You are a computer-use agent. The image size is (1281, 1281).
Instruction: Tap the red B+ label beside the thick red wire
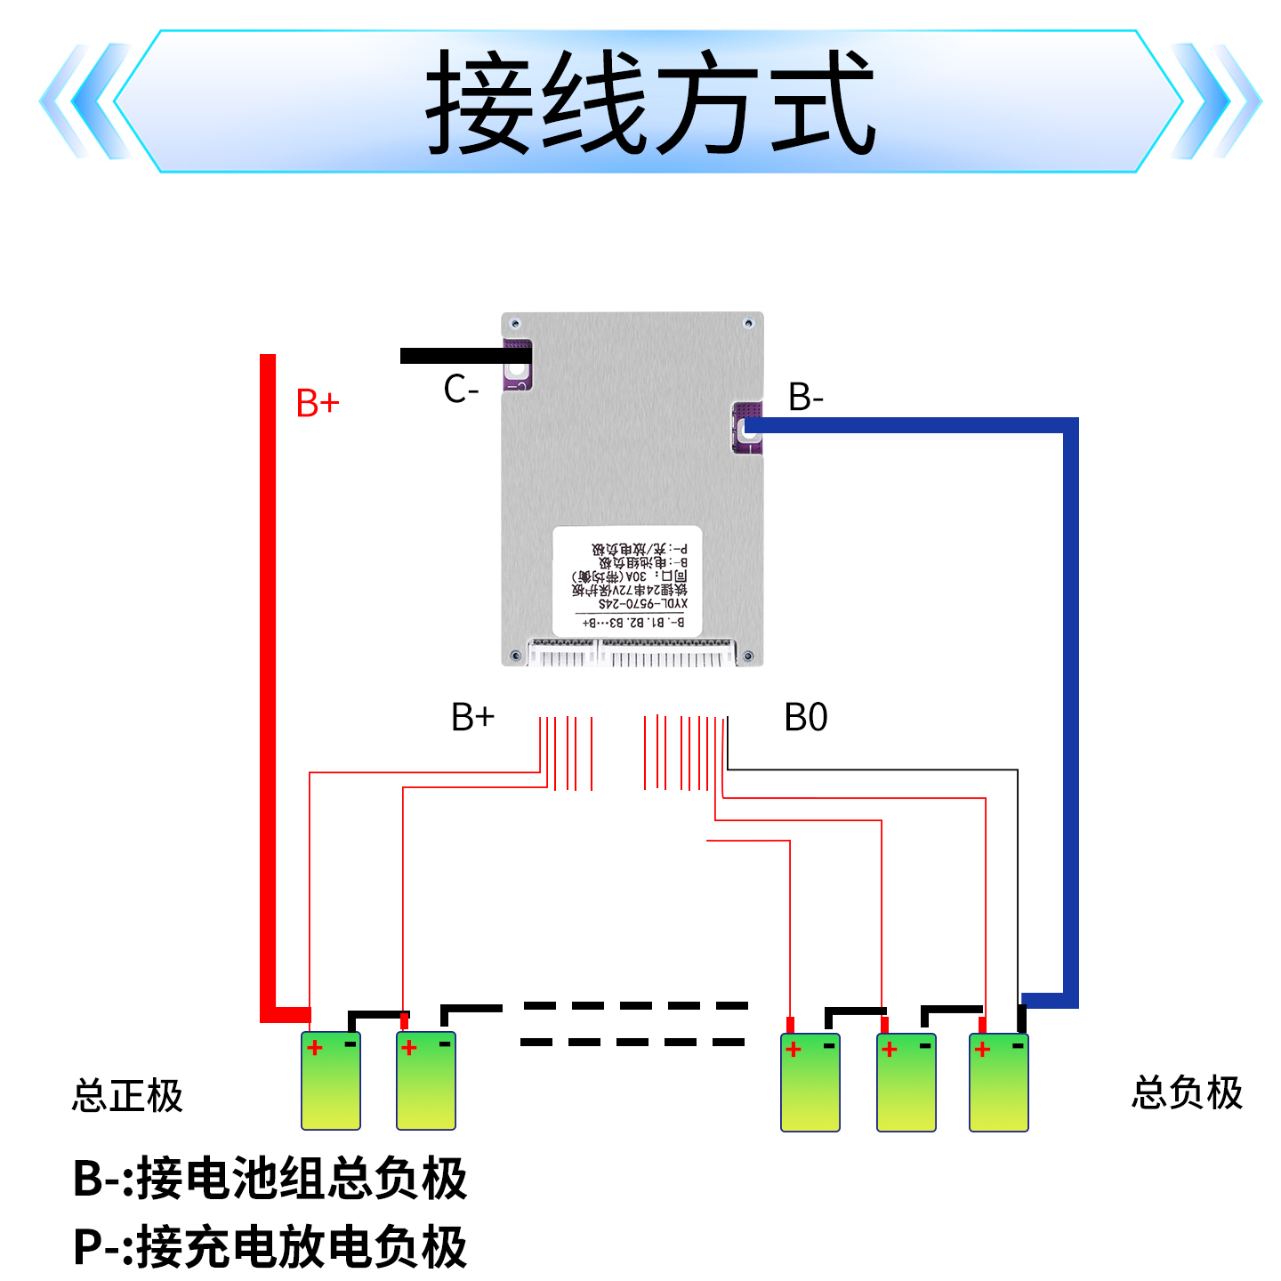(x=318, y=403)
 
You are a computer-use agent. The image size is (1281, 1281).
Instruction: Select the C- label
(x=461, y=390)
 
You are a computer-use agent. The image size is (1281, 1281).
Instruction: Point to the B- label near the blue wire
(x=805, y=397)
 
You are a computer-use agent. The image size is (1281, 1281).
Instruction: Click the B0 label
(x=805, y=717)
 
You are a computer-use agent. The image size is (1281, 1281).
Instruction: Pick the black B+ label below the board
(x=472, y=717)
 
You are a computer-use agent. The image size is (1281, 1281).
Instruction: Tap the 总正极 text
(x=127, y=1095)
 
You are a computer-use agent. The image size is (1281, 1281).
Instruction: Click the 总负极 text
(x=1187, y=1092)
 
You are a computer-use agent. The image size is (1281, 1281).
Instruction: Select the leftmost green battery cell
(x=331, y=1081)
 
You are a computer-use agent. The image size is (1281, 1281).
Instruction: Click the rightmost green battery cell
(x=998, y=1083)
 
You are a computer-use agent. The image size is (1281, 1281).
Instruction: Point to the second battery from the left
(x=426, y=1081)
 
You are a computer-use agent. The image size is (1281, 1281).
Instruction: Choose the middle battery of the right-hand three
(x=906, y=1083)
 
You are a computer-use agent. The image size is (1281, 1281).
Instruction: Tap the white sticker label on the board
(x=627, y=580)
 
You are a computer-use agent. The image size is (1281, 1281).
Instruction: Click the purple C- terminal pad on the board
(x=517, y=365)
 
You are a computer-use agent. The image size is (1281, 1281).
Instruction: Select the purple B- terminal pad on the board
(x=747, y=428)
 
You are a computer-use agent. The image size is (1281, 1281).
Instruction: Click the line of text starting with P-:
(x=270, y=1246)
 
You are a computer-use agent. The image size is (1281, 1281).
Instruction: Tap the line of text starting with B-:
(x=270, y=1179)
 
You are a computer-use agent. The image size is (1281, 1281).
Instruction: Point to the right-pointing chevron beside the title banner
(x=1214, y=101)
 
